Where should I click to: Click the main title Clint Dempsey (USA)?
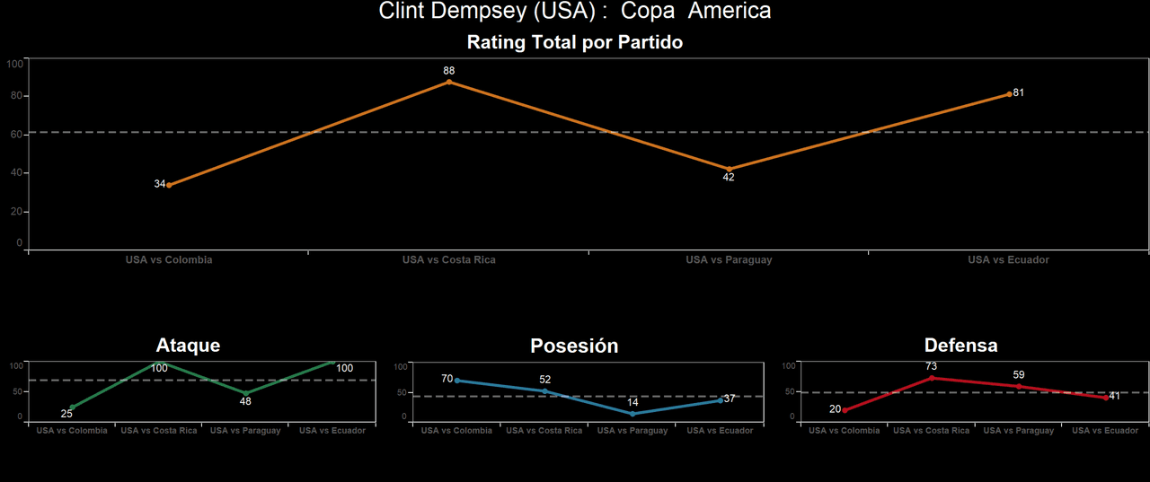click(575, 12)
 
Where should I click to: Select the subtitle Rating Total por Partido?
click(575, 42)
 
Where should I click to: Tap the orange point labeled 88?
click(449, 82)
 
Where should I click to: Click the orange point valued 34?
click(169, 185)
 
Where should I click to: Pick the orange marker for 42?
click(729, 169)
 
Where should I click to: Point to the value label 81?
click(1019, 92)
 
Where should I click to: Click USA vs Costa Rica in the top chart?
click(448, 260)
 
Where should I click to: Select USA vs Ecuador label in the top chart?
click(1008, 260)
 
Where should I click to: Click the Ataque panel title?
click(188, 346)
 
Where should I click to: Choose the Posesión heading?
click(574, 346)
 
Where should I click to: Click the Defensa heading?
click(960, 346)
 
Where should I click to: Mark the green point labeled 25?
click(72, 408)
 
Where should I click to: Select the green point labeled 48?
click(245, 393)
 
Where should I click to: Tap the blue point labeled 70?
click(457, 381)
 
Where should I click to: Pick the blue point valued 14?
click(632, 414)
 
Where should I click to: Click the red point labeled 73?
click(932, 378)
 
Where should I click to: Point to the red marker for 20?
click(845, 410)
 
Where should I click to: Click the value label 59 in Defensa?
click(1019, 374)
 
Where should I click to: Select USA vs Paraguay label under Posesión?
click(632, 431)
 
